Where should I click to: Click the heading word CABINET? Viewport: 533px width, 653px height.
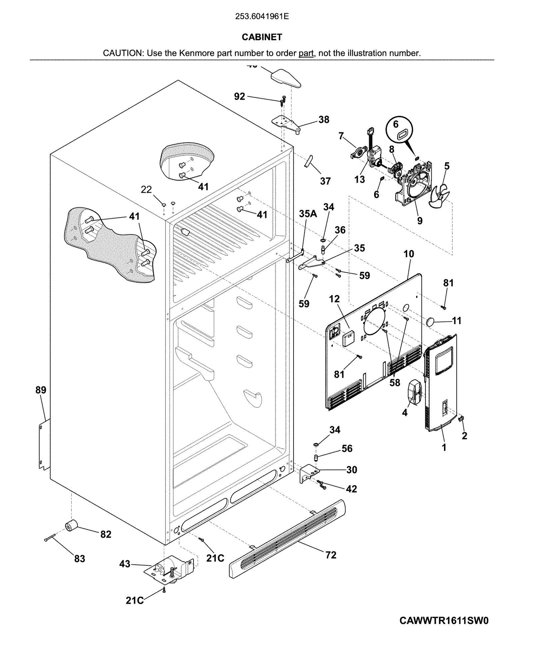(262, 37)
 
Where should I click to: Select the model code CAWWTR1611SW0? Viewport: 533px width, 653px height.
(444, 621)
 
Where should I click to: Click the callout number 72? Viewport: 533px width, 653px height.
(330, 555)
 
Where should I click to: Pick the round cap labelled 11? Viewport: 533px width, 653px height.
(431, 321)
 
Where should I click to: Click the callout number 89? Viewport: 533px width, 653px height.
(41, 390)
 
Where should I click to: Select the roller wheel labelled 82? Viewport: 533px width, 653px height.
(71, 526)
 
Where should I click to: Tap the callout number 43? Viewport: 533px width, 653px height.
(125, 564)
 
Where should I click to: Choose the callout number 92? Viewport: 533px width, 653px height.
(240, 96)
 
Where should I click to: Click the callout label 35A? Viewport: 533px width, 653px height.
(307, 214)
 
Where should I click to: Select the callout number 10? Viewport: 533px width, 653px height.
(408, 254)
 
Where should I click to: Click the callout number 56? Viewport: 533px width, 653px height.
(347, 448)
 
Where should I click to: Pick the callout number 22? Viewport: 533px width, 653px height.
(146, 190)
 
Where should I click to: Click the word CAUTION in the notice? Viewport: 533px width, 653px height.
(122, 53)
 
